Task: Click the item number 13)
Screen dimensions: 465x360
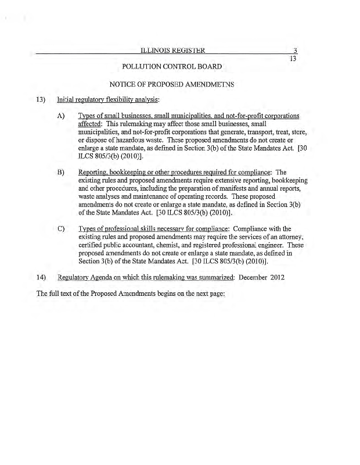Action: [x=41, y=99]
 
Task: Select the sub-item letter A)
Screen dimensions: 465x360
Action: [x=60, y=116]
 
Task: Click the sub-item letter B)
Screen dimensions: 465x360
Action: [x=60, y=173]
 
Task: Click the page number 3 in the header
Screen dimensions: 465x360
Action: [x=295, y=51]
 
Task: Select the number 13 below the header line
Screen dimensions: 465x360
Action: [x=293, y=59]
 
